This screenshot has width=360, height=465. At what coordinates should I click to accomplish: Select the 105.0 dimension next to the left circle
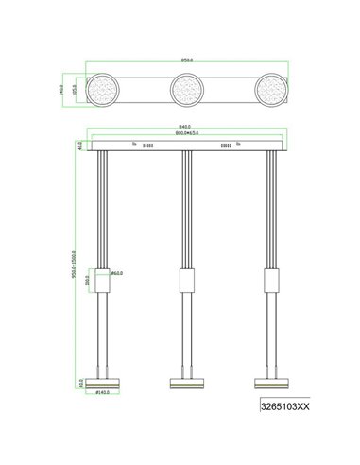[x=78, y=90]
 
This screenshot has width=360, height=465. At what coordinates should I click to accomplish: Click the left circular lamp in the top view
[x=103, y=91]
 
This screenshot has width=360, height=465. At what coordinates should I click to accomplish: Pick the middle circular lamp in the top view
[x=186, y=91]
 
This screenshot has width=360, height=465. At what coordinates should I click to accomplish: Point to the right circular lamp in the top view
[x=269, y=91]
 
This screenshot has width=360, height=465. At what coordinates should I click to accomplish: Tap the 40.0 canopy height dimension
[x=79, y=147]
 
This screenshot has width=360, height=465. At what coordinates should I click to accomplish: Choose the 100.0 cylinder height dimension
[x=88, y=281]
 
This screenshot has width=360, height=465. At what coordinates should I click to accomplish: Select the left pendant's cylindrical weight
[x=103, y=281]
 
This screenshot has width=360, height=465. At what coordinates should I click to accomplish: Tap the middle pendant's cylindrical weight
[x=186, y=281]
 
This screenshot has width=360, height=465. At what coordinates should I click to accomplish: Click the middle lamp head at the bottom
[x=186, y=383]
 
